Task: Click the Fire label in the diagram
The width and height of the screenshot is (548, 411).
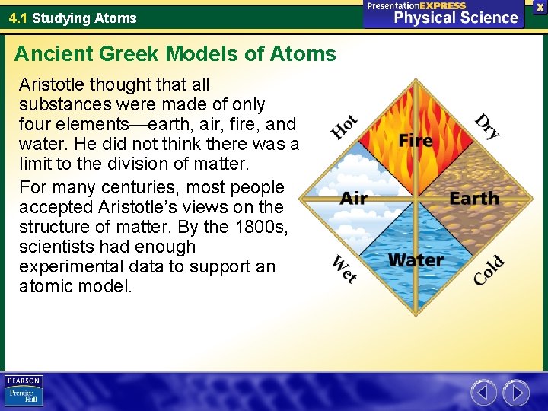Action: click(416, 141)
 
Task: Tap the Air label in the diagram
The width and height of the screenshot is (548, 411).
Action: click(353, 199)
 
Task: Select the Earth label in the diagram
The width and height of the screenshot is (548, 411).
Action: click(474, 199)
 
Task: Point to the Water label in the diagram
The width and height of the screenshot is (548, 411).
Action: click(416, 260)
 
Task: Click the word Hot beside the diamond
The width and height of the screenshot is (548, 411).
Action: click(344, 127)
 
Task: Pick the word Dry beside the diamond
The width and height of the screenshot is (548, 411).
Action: click(487, 126)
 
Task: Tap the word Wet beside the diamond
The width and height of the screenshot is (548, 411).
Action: click(345, 269)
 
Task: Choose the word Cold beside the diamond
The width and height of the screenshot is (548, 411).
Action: click(488, 270)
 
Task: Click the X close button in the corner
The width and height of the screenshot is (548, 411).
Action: click(540, 7)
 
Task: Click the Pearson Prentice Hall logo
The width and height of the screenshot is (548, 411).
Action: click(24, 390)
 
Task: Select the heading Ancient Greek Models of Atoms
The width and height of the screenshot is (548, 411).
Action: click(175, 54)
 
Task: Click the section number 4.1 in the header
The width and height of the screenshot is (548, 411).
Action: click(18, 18)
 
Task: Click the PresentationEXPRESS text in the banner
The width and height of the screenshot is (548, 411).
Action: click(416, 5)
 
